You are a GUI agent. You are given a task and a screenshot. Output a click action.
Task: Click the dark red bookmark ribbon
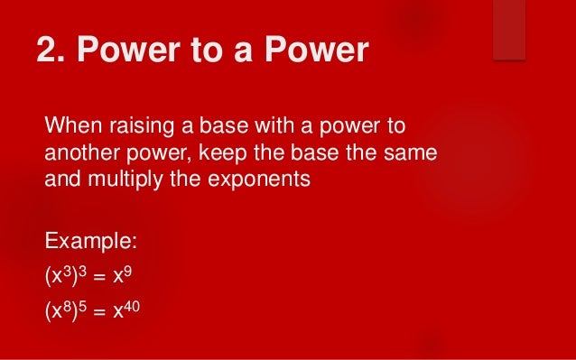(509, 30)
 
